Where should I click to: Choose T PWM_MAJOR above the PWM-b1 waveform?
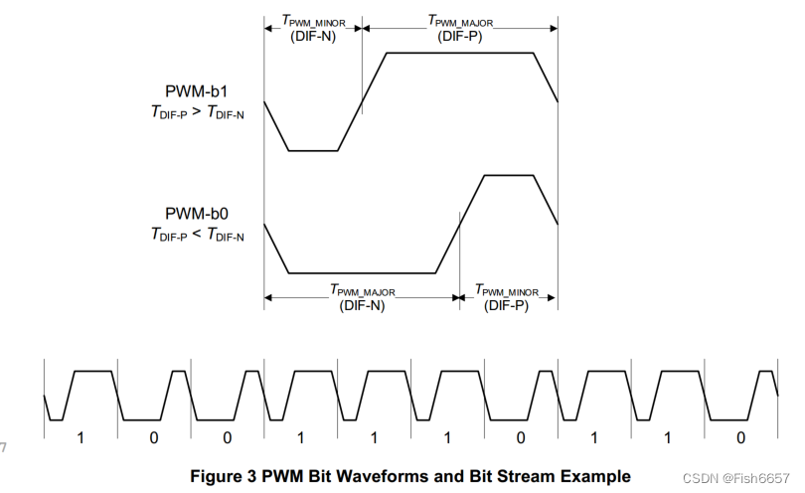459,20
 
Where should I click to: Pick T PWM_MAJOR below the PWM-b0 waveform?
362,289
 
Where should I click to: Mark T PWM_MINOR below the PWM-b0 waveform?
507,289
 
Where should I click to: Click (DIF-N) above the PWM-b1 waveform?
312,37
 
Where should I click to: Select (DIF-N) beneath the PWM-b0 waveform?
362,305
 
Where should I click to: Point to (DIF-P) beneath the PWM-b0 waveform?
507,305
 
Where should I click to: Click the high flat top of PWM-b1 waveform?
459,53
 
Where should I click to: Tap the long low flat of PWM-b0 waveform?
362,272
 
